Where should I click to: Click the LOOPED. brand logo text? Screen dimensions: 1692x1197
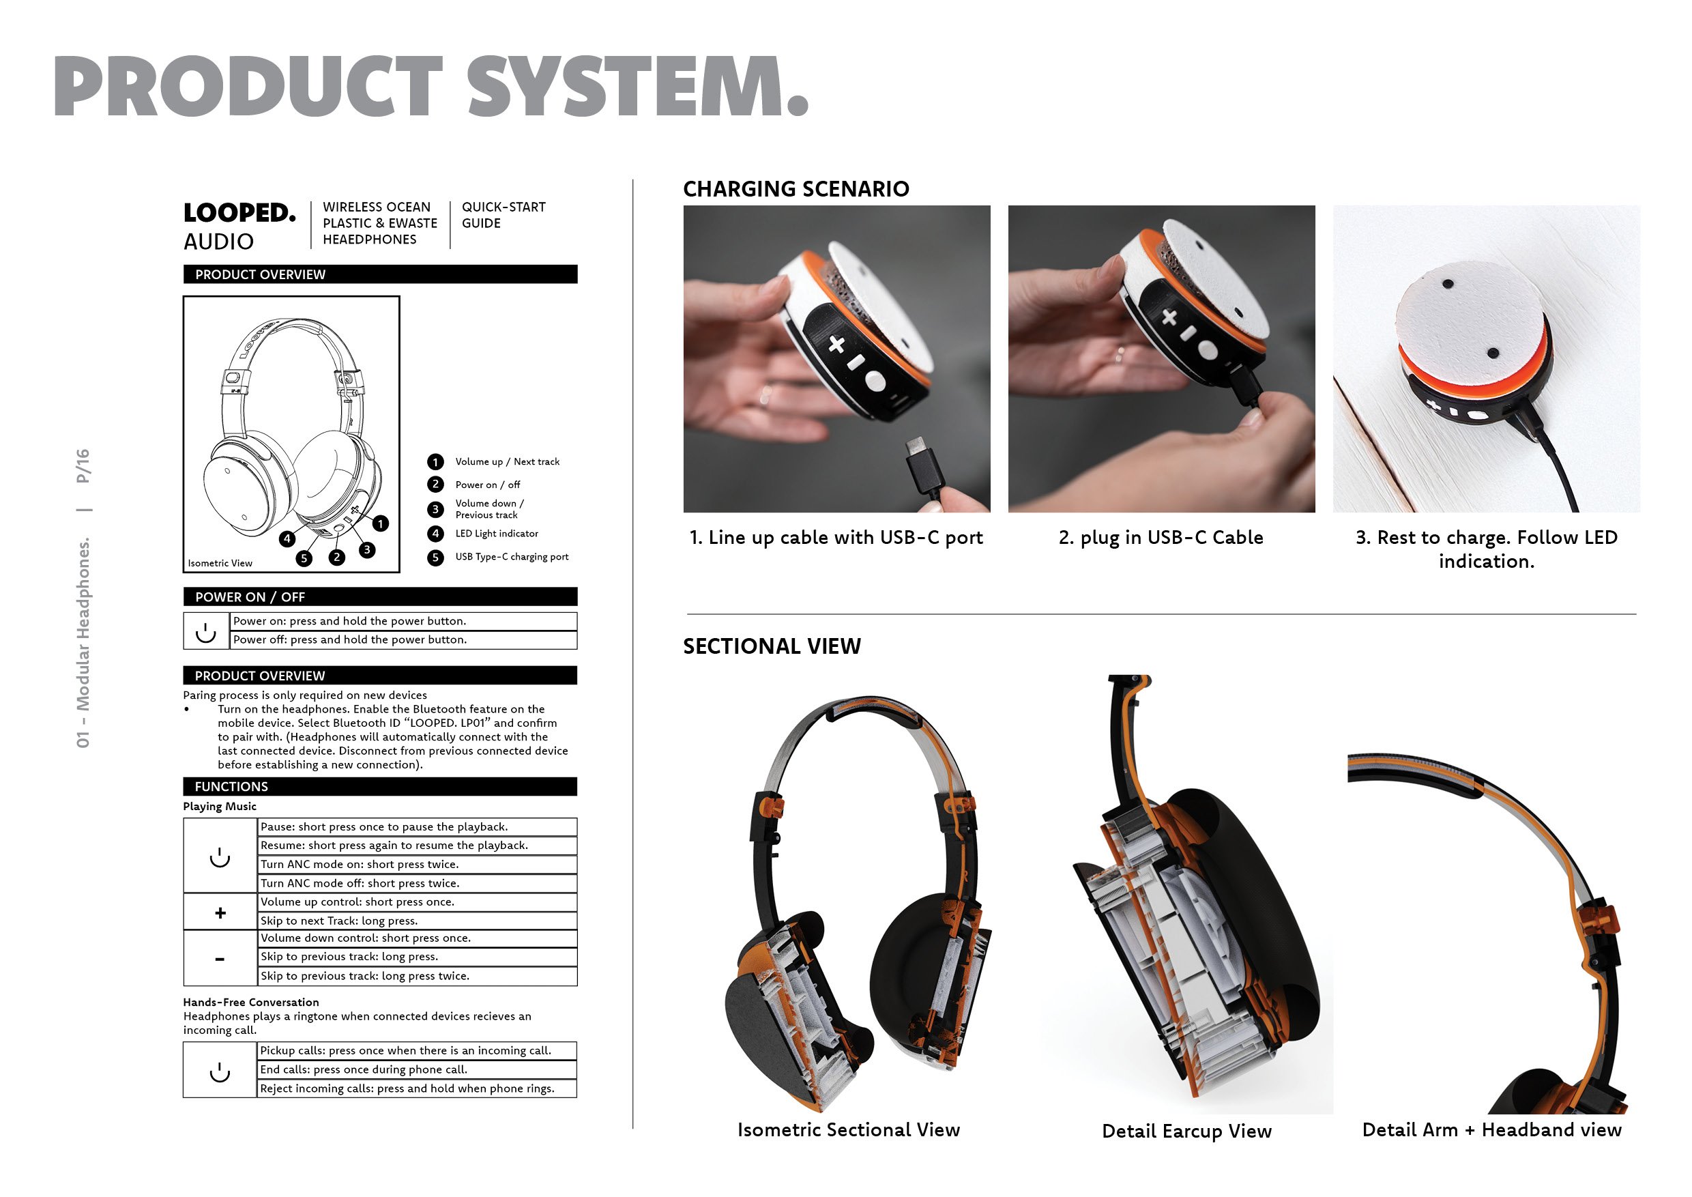(x=239, y=213)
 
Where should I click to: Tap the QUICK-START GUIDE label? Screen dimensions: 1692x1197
(x=504, y=215)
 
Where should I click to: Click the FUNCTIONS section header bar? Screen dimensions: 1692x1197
(x=380, y=786)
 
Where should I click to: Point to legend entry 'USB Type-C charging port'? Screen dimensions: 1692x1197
(x=512, y=556)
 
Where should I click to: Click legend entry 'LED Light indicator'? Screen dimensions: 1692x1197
(x=497, y=534)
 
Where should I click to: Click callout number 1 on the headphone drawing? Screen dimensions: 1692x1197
(x=380, y=523)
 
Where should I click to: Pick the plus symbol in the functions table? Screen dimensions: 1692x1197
(x=220, y=913)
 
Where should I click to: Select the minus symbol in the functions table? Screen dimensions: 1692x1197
(x=220, y=960)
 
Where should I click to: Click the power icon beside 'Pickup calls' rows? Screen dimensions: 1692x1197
(x=220, y=1071)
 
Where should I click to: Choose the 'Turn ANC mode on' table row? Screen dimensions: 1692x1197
(x=417, y=865)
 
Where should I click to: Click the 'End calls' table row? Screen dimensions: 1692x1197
(x=417, y=1069)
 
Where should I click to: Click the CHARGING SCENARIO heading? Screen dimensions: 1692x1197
(x=796, y=190)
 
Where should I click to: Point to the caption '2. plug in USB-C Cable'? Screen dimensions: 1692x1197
(x=1161, y=537)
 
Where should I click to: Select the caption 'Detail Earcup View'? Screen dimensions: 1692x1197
(x=1186, y=1131)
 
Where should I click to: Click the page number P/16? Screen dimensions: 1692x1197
(x=83, y=466)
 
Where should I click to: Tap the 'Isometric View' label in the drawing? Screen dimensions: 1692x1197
(x=220, y=563)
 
